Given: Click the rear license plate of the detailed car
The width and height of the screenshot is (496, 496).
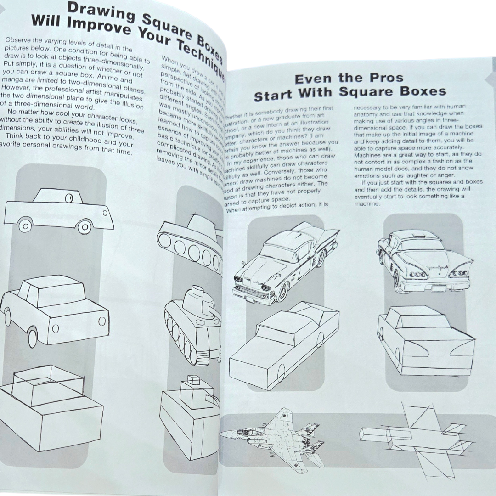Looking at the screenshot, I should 439,288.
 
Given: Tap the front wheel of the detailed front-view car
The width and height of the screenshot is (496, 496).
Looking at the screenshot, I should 282,291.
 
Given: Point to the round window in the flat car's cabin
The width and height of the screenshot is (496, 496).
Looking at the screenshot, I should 69,198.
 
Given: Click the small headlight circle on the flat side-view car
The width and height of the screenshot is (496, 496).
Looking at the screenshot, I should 106,213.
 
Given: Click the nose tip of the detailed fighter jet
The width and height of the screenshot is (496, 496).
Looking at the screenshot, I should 221,433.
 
